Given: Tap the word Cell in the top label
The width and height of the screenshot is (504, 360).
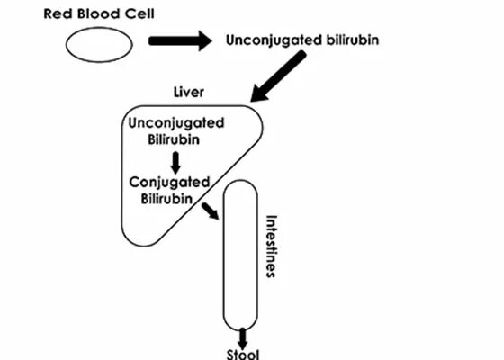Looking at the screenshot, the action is [139, 13].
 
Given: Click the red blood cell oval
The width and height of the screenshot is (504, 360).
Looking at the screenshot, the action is [99, 28].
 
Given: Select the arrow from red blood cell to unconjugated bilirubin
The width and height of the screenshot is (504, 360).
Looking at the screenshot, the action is [180, 40].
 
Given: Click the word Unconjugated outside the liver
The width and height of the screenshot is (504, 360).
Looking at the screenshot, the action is [274, 40].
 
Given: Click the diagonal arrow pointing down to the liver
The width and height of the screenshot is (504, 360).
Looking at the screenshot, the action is [278, 76].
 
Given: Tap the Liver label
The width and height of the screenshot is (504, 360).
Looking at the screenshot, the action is [189, 92].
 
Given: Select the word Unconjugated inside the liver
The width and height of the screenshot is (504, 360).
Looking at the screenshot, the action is [176, 124].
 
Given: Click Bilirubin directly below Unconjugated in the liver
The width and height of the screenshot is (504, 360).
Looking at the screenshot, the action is [174, 139].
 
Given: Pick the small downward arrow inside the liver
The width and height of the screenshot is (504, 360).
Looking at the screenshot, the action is [175, 163].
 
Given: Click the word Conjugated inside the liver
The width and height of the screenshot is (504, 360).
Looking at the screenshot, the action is [169, 183].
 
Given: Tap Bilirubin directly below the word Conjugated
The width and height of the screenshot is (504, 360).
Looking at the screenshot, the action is [166, 199].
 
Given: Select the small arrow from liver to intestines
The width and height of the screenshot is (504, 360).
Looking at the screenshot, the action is [211, 211].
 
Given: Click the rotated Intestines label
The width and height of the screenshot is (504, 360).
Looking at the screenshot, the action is [271, 247].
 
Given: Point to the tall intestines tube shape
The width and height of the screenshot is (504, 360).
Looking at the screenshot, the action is [224, 255].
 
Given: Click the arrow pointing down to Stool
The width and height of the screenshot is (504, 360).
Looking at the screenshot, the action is [242, 338].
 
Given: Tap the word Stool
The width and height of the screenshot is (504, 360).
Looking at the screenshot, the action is [243, 355].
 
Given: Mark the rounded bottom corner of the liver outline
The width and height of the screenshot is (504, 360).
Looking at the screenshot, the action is [143, 247].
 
